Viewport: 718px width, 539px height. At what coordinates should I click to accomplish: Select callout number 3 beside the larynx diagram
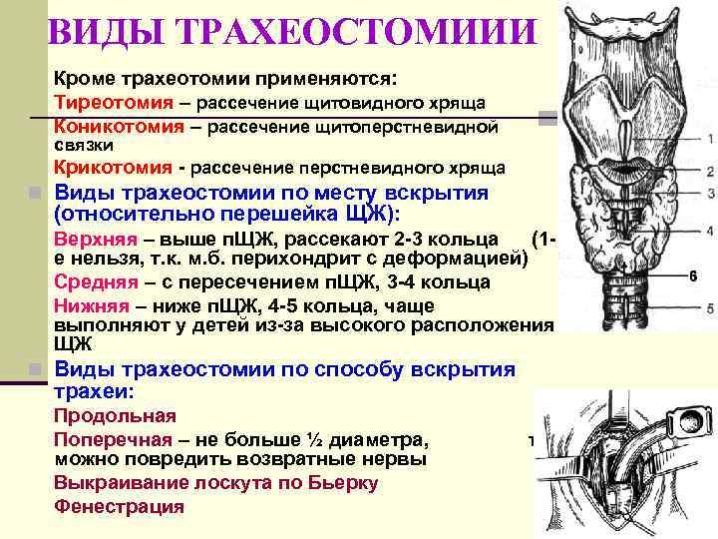(x=708, y=193)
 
